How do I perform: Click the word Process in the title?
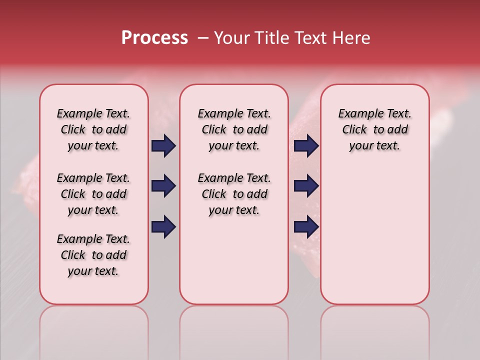(x=154, y=38)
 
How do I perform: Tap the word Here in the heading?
(x=352, y=38)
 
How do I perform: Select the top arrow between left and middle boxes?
(x=163, y=146)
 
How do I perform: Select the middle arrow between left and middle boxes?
(x=163, y=186)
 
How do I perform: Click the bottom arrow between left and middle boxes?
(x=163, y=226)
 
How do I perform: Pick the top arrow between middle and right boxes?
(x=306, y=146)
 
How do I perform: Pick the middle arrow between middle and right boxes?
(x=306, y=186)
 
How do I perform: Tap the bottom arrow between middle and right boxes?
(x=306, y=226)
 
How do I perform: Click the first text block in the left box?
(x=93, y=129)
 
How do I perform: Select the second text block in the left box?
(x=93, y=194)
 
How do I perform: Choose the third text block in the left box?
(x=93, y=255)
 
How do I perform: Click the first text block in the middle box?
(x=234, y=129)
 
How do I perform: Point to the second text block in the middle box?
(x=234, y=194)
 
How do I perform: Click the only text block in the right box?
(x=375, y=129)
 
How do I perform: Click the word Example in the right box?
(x=356, y=113)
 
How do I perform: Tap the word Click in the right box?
(x=354, y=129)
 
